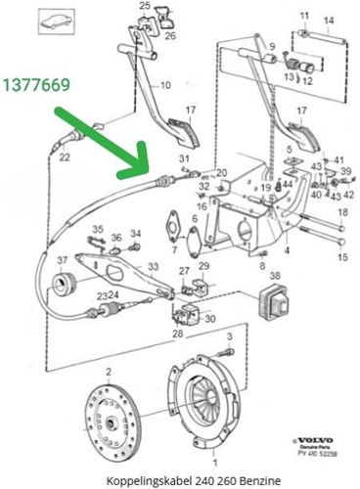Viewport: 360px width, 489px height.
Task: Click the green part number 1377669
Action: pyautogui.click(x=34, y=87)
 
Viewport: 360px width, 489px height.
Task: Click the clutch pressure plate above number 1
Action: pyautogui.click(x=211, y=400)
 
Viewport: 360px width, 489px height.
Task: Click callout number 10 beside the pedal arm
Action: pyautogui.click(x=165, y=85)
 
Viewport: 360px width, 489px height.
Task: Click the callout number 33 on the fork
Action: pyautogui.click(x=152, y=267)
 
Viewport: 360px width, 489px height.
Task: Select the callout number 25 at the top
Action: pyautogui.click(x=145, y=7)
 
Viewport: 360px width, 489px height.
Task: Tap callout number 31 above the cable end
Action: pyautogui.click(x=183, y=158)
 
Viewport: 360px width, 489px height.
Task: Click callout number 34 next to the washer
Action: pyautogui.click(x=136, y=233)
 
